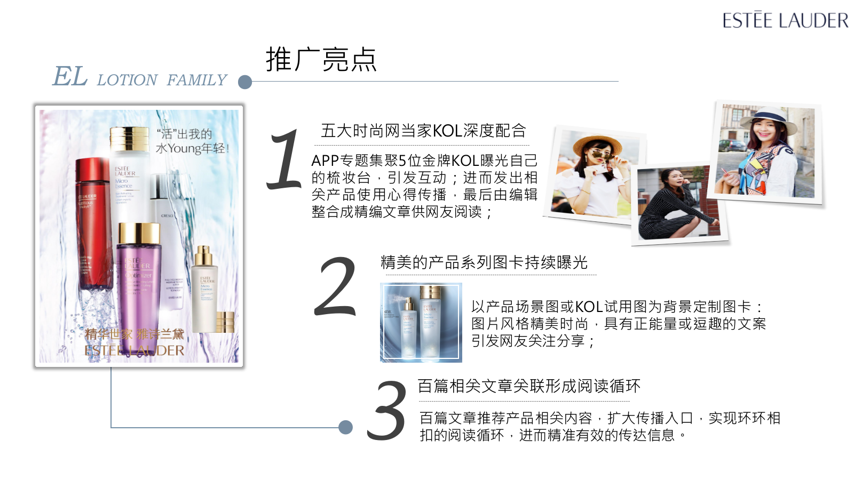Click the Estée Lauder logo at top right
[785, 20]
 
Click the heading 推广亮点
[321, 59]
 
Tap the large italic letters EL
[70, 76]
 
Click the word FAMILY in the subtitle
[196, 80]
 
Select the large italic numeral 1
[285, 160]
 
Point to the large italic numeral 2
[335, 287]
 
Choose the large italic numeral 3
[386, 411]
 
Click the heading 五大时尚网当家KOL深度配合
[423, 131]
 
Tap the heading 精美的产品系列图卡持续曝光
[484, 262]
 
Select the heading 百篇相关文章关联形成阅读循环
[528, 386]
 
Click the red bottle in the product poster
[93, 224]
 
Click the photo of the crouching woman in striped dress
[677, 203]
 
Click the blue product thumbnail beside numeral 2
[421, 322]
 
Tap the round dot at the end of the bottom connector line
[346, 427]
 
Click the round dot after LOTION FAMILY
[245, 82]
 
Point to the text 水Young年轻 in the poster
[192, 148]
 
